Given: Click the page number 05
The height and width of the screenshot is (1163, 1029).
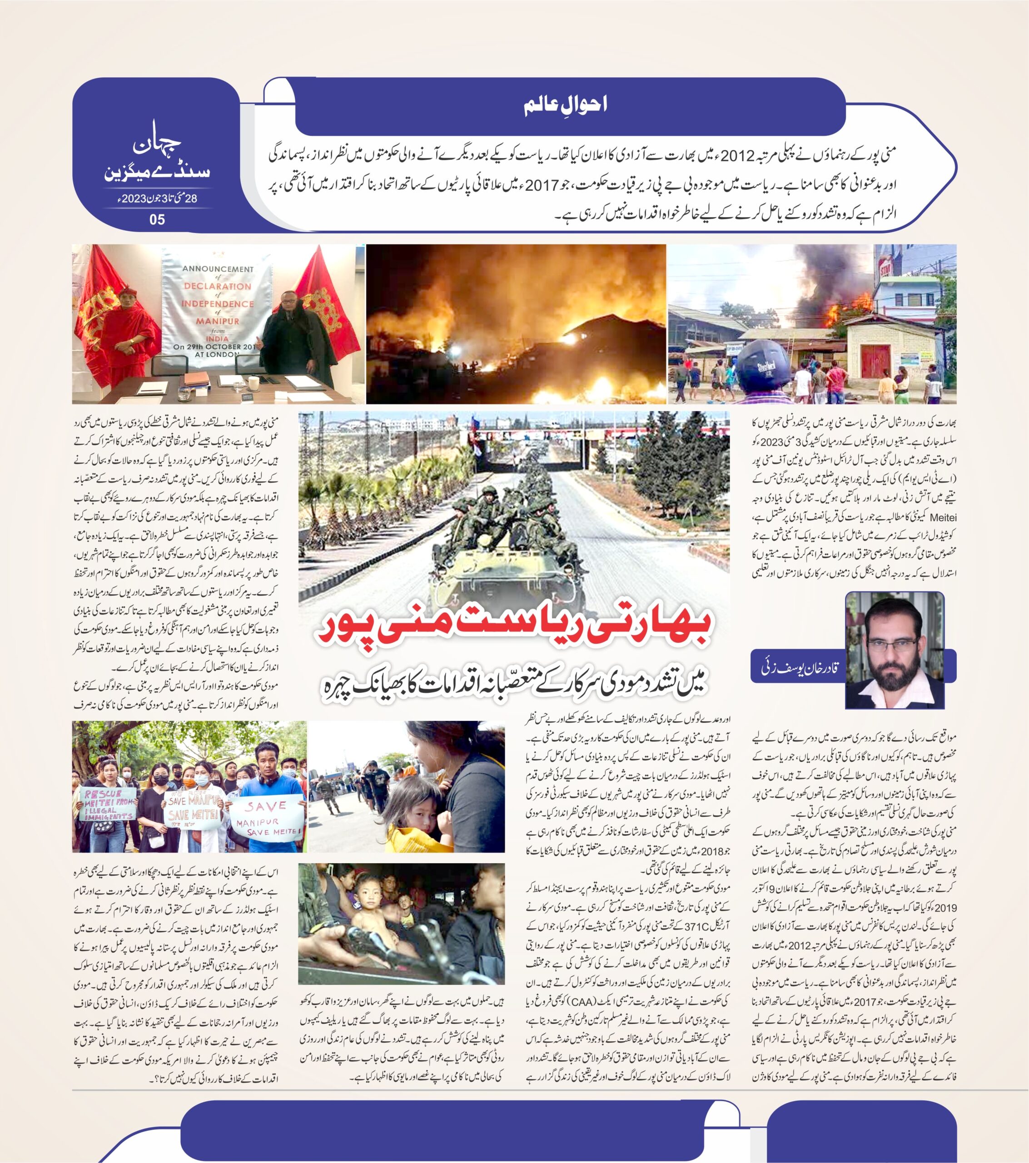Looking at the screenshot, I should [157, 219].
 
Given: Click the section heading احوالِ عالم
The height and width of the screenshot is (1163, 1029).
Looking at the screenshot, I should [565, 106].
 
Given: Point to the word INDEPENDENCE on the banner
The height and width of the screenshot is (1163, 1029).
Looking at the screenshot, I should [218, 304].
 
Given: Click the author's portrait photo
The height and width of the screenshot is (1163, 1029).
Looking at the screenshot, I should [894, 650].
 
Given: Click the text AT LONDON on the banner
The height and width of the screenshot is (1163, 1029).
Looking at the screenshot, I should [218, 353].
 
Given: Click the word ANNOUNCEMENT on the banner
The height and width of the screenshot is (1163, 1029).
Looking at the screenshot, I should [218, 269].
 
